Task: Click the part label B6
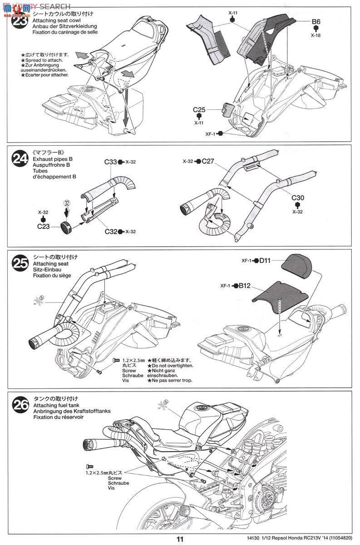tap(316, 21)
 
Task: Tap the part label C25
tap(199, 109)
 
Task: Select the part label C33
tap(111, 162)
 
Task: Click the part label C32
tap(111, 232)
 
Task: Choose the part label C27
tap(208, 161)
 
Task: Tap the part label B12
tap(245, 286)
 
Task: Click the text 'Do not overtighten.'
tap(170, 365)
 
